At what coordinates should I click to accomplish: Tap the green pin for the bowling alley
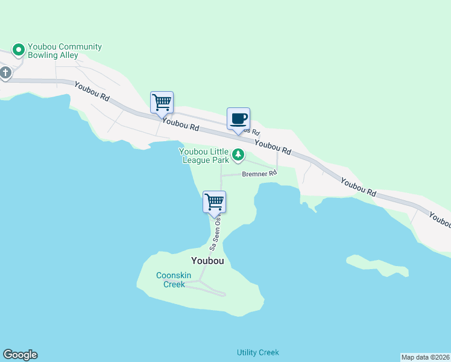tap(19, 49)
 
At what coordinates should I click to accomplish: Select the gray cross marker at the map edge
tap(5, 74)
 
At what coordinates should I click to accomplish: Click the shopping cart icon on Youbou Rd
tap(162, 102)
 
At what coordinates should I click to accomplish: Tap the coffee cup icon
tap(238, 118)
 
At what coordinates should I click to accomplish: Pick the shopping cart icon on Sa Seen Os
tap(214, 202)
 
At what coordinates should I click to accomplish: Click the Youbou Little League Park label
tap(204, 156)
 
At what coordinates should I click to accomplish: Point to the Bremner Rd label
tap(259, 174)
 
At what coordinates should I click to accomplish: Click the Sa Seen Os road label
tap(216, 234)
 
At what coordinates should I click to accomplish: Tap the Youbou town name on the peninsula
tap(207, 261)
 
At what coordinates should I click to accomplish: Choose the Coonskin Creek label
tap(174, 279)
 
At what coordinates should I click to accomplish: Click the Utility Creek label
tap(258, 352)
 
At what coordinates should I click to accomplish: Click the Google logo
tap(20, 355)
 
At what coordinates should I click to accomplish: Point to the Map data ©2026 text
tap(425, 357)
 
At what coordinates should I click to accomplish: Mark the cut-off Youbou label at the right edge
tap(441, 220)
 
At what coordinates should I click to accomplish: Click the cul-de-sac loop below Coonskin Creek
tap(221, 294)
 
